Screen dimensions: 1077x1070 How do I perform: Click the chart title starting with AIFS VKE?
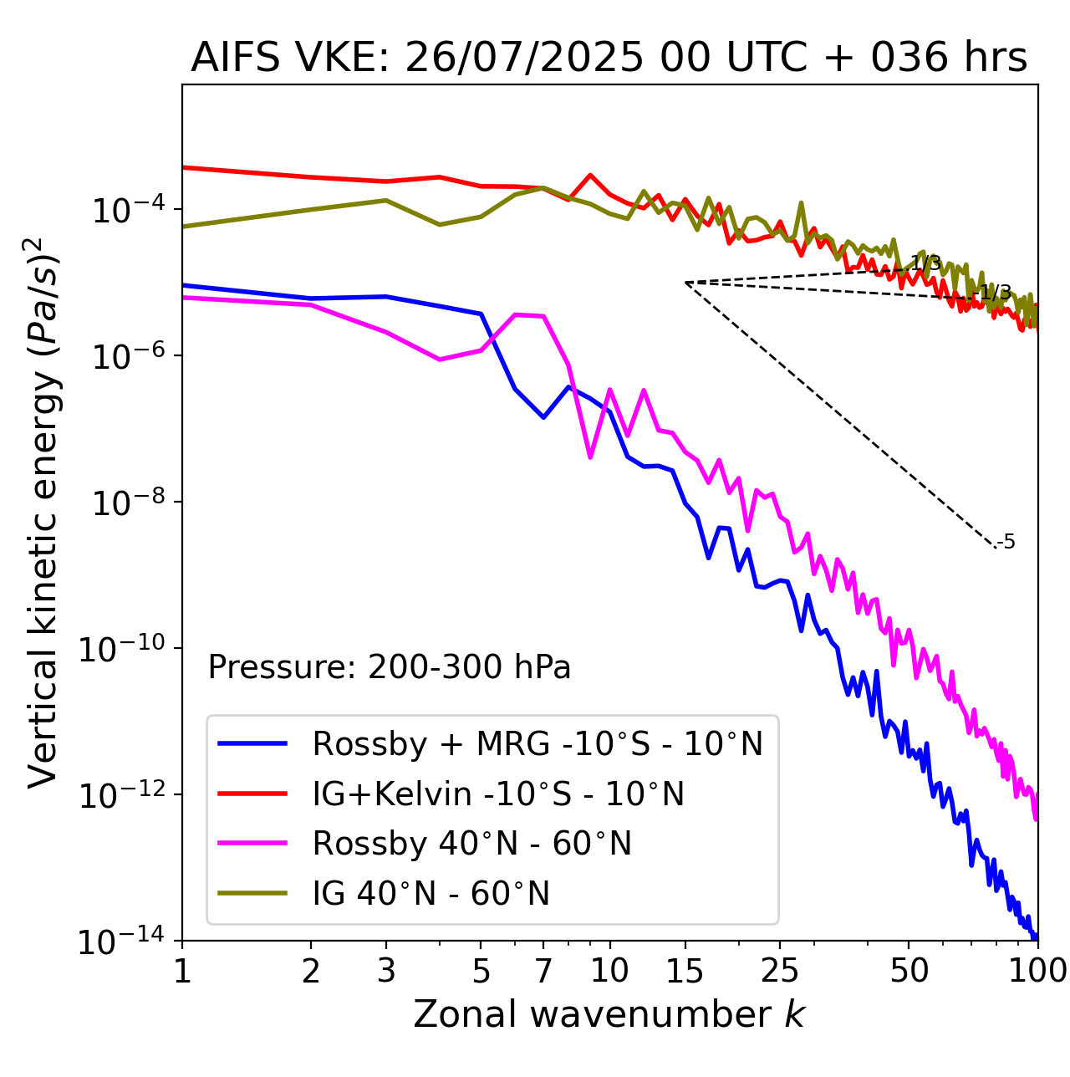coord(609,59)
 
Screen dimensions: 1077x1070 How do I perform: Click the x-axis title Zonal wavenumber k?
coord(609,1014)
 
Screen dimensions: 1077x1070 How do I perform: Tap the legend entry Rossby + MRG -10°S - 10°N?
coord(538,743)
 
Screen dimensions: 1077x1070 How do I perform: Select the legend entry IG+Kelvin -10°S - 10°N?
coord(498,794)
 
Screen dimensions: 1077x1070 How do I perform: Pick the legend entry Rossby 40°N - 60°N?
coord(471,844)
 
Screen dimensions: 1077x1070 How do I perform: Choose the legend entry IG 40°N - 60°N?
coord(431,894)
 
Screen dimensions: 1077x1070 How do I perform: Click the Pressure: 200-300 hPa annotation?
coord(390,667)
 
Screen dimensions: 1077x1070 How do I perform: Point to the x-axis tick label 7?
coord(543,971)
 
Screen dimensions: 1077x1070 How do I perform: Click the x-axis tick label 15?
coord(685,971)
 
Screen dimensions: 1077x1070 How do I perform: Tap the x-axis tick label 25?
coord(780,971)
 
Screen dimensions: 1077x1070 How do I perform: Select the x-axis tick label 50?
coord(909,971)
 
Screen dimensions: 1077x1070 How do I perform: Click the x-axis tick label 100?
coord(1037,971)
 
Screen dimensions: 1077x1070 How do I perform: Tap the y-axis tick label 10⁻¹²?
coord(121,794)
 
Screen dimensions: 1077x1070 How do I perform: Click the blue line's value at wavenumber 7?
coord(543,417)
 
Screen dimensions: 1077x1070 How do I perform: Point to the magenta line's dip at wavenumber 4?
coord(440,360)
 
